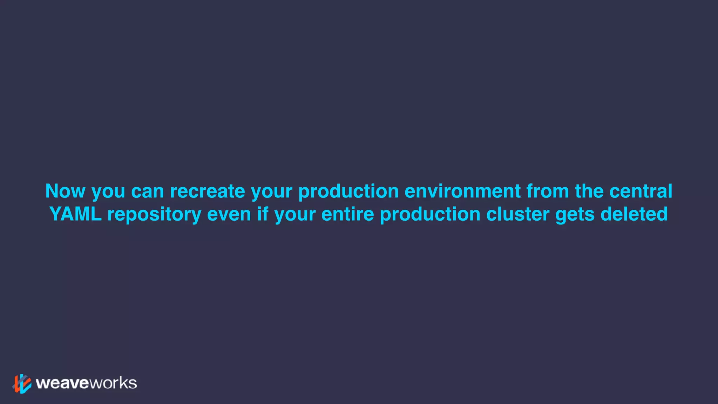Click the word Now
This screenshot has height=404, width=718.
click(66, 191)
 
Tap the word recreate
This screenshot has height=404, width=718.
click(208, 191)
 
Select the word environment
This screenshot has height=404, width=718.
click(462, 191)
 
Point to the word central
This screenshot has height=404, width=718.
click(641, 191)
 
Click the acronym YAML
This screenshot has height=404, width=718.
click(75, 214)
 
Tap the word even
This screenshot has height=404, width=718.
click(229, 215)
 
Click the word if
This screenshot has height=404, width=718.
click(263, 214)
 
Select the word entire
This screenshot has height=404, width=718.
click(347, 214)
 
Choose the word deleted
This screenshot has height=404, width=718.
click(634, 214)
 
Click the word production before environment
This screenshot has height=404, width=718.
click(348, 192)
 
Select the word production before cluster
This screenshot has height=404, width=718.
click(430, 215)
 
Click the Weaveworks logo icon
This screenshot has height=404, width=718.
click(22, 384)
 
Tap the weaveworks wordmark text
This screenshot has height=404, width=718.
click(86, 383)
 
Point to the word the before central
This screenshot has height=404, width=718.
click(589, 191)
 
